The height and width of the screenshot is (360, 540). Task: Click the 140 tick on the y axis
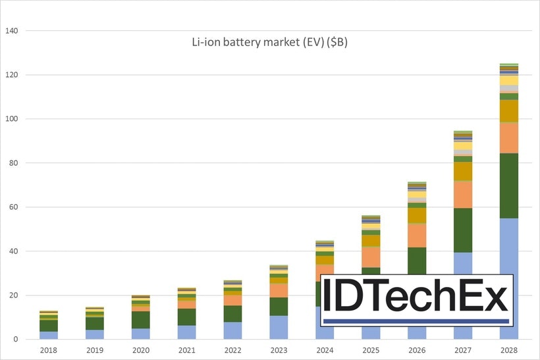pos(11,31)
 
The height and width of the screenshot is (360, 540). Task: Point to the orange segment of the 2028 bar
pos(509,138)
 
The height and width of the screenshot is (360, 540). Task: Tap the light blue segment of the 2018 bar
pos(48,335)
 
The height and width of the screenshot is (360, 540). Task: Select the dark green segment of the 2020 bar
pos(140,320)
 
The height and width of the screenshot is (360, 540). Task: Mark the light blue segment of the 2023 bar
pos(279,327)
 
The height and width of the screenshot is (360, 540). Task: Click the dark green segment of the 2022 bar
pos(232,313)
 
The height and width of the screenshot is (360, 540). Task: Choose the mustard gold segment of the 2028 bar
pos(509,111)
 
